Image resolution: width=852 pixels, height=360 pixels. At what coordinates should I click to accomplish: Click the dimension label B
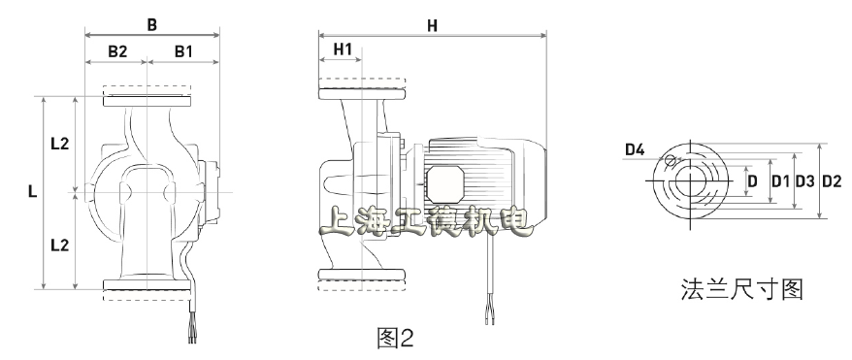click(x=152, y=25)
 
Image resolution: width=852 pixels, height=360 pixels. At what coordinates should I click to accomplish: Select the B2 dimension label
click(x=117, y=51)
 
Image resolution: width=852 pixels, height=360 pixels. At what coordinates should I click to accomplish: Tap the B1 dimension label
click(x=183, y=51)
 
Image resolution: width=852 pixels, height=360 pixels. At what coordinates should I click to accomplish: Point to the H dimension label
click(x=432, y=25)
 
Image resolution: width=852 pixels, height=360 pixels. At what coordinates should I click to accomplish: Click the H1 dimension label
click(x=343, y=49)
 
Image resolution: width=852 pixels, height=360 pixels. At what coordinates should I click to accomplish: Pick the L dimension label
click(x=33, y=191)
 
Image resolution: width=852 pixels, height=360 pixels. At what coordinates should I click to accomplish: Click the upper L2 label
click(x=60, y=144)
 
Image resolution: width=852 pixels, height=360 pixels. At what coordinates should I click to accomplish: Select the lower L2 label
click(x=60, y=245)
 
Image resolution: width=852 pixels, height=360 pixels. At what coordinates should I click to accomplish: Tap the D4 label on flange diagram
click(x=635, y=149)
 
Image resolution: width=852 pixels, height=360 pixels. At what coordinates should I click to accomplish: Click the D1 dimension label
click(x=781, y=181)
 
